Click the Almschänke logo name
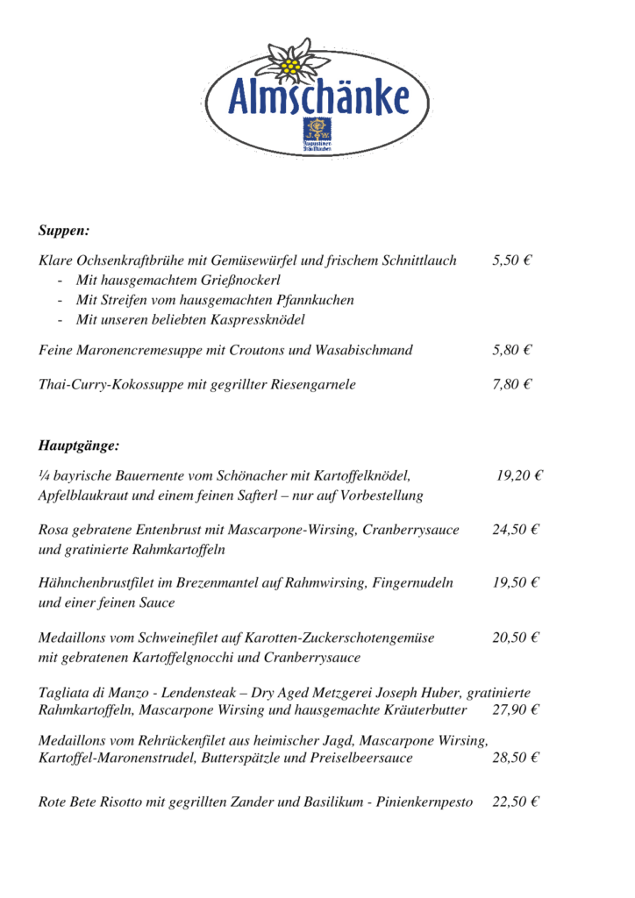coord(318,98)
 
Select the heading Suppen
coord(64,231)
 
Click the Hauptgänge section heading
coord(79,445)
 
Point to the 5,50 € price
coord(513,260)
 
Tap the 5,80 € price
coord(513,350)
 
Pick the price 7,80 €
coord(513,384)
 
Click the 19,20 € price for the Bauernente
coord(520,476)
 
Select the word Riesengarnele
coord(313,384)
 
